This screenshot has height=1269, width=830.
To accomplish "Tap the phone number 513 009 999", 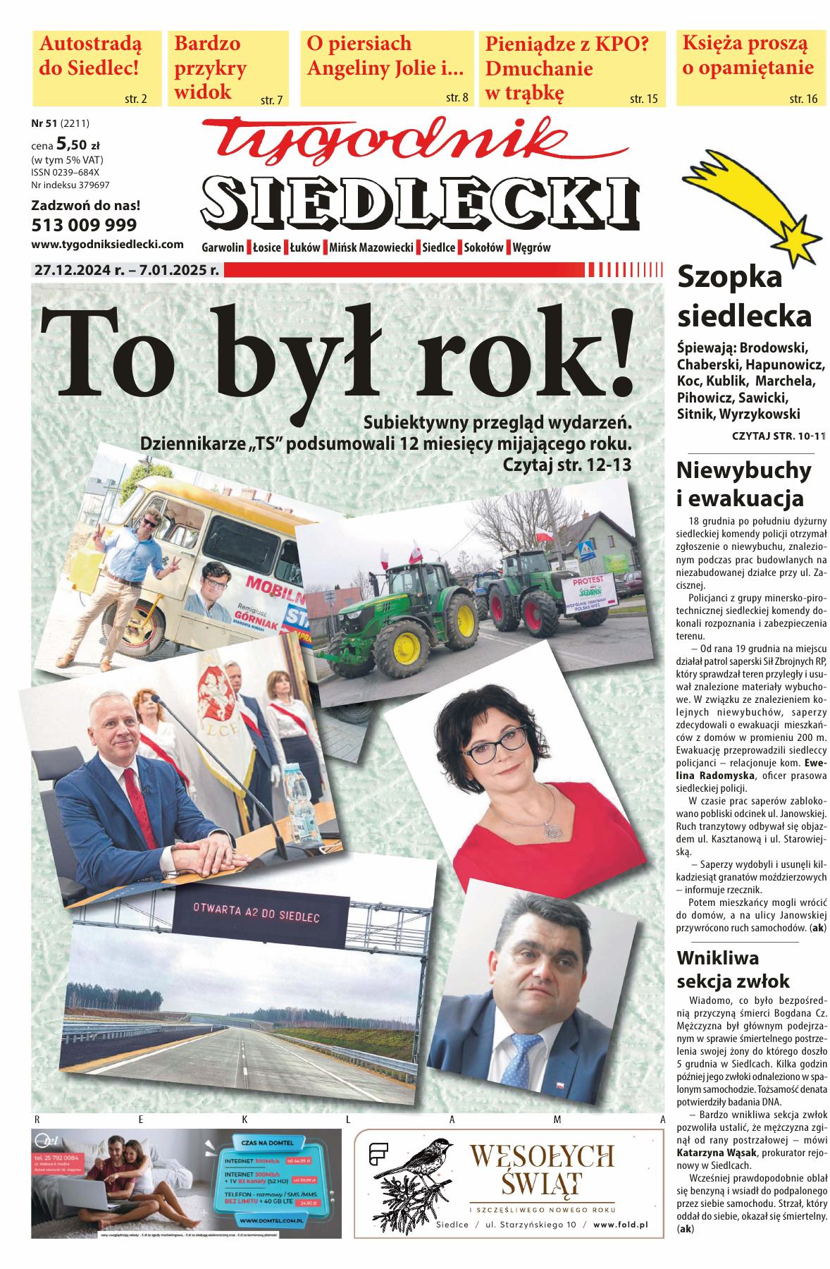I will (x=85, y=225).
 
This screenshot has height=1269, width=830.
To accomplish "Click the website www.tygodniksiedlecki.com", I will (x=108, y=245).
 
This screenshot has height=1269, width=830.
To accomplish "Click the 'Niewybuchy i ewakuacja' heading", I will (x=743, y=484).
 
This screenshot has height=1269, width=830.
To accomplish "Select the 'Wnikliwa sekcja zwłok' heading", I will (x=733, y=969).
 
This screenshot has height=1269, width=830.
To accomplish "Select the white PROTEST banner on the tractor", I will (x=591, y=591).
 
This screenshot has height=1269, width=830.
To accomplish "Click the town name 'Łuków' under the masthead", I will (x=305, y=247).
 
